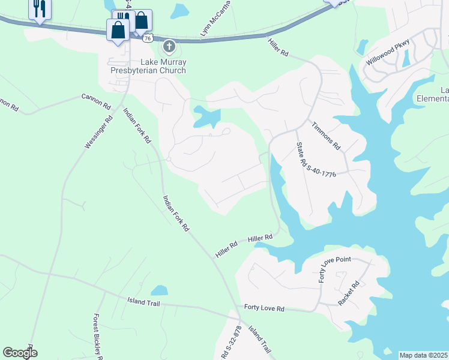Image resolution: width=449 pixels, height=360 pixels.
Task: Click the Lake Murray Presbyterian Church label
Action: [148, 66]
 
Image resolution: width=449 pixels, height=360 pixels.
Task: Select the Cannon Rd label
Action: [97, 100]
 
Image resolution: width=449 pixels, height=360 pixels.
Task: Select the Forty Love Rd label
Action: [264, 308]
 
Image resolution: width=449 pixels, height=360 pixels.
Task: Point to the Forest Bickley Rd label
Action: [98, 335]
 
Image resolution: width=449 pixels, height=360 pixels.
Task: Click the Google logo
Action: [20, 353]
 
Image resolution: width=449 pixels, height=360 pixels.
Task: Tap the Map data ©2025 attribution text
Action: [423, 355]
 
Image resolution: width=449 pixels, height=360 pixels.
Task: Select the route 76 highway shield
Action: [148, 38]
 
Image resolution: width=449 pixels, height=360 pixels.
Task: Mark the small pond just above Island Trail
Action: [159, 291]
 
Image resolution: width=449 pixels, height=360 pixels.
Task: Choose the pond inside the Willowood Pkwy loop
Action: [406, 58]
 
